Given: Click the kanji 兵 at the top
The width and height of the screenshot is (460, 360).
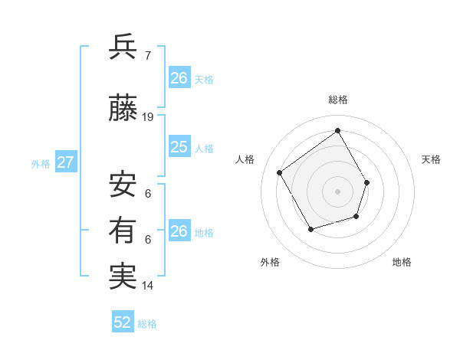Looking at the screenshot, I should (123, 47).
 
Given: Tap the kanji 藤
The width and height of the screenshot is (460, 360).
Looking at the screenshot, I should (123, 110).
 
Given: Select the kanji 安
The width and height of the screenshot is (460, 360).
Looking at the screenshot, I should (123, 185).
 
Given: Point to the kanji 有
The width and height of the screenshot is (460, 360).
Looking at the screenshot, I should (123, 231).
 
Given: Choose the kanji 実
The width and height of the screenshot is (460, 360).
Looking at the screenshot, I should (123, 277).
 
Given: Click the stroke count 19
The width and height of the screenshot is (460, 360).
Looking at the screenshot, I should (148, 117).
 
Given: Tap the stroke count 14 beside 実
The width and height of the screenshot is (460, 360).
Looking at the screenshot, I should (148, 286).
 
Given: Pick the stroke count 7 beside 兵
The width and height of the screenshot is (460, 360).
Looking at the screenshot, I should (148, 55).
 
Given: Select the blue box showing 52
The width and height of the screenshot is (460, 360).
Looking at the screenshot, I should (123, 322).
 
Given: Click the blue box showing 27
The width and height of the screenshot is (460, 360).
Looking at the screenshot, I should (66, 162).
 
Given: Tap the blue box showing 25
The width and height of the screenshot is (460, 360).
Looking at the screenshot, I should (179, 147).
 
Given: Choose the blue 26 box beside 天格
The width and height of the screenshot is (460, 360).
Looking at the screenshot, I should (179, 78).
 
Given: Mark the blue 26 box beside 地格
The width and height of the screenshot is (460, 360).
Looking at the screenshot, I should (179, 231).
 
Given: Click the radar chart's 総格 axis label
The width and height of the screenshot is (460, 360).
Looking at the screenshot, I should (337, 100).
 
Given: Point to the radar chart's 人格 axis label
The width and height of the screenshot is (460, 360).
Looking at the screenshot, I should (245, 159).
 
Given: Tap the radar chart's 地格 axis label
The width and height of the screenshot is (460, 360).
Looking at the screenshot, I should (402, 262).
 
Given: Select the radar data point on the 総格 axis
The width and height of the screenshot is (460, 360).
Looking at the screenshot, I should (337, 130).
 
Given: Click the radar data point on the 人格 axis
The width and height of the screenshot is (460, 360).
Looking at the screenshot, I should (280, 172).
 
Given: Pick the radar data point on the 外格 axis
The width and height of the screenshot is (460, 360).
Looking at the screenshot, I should (310, 229).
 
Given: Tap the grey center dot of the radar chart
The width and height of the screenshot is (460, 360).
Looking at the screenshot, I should (337, 191).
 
